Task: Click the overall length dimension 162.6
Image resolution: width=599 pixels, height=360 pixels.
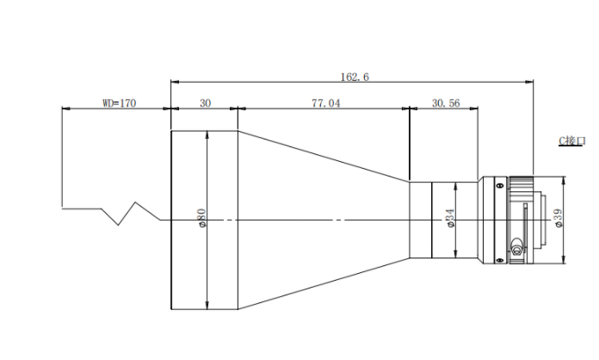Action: click(355, 78)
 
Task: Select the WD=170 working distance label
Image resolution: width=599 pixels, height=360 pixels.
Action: click(119, 103)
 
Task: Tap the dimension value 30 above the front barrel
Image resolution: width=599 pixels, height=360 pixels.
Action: click(205, 103)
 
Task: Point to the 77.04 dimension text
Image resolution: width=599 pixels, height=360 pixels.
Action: click(326, 103)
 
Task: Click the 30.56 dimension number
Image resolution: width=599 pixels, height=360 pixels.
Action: click(446, 103)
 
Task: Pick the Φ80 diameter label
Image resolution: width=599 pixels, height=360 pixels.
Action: click(201, 218)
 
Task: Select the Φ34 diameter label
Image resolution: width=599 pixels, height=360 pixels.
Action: click(450, 218)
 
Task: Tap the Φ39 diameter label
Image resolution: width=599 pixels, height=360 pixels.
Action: click(559, 218)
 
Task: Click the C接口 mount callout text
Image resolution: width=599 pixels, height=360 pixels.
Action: click(571, 141)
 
